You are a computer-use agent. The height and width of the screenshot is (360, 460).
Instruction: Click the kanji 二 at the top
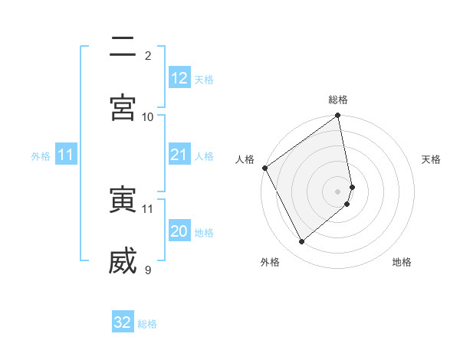coord(123,46)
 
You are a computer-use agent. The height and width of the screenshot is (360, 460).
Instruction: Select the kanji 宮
coord(123,106)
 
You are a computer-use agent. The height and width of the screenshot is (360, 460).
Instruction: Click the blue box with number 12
coord(179,78)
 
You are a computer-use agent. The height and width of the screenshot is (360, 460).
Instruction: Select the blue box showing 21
coord(179,155)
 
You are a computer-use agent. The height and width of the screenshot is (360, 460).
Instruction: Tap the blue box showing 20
coord(179,232)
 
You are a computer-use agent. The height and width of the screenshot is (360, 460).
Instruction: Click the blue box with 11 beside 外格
coord(66,155)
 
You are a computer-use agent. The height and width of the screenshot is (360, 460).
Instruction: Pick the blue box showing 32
coord(123,322)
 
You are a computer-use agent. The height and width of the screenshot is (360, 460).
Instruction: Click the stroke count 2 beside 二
coord(148,55)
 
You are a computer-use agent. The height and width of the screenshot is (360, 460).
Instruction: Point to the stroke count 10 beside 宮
coord(148,116)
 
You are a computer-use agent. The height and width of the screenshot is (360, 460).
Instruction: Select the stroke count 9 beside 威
coord(148,270)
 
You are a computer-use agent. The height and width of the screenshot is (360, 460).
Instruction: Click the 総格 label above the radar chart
coord(338,100)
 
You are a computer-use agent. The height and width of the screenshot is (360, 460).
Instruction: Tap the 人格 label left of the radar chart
coord(245,159)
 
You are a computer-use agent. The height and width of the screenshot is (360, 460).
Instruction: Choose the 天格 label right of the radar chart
coord(432,159)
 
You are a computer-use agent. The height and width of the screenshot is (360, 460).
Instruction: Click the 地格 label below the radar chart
coord(402,262)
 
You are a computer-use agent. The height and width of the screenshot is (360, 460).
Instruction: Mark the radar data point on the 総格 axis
coord(338,116)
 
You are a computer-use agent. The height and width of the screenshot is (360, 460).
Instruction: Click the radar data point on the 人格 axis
coord(264,168)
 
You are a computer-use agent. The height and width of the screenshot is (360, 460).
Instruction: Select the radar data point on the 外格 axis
coord(301,242)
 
